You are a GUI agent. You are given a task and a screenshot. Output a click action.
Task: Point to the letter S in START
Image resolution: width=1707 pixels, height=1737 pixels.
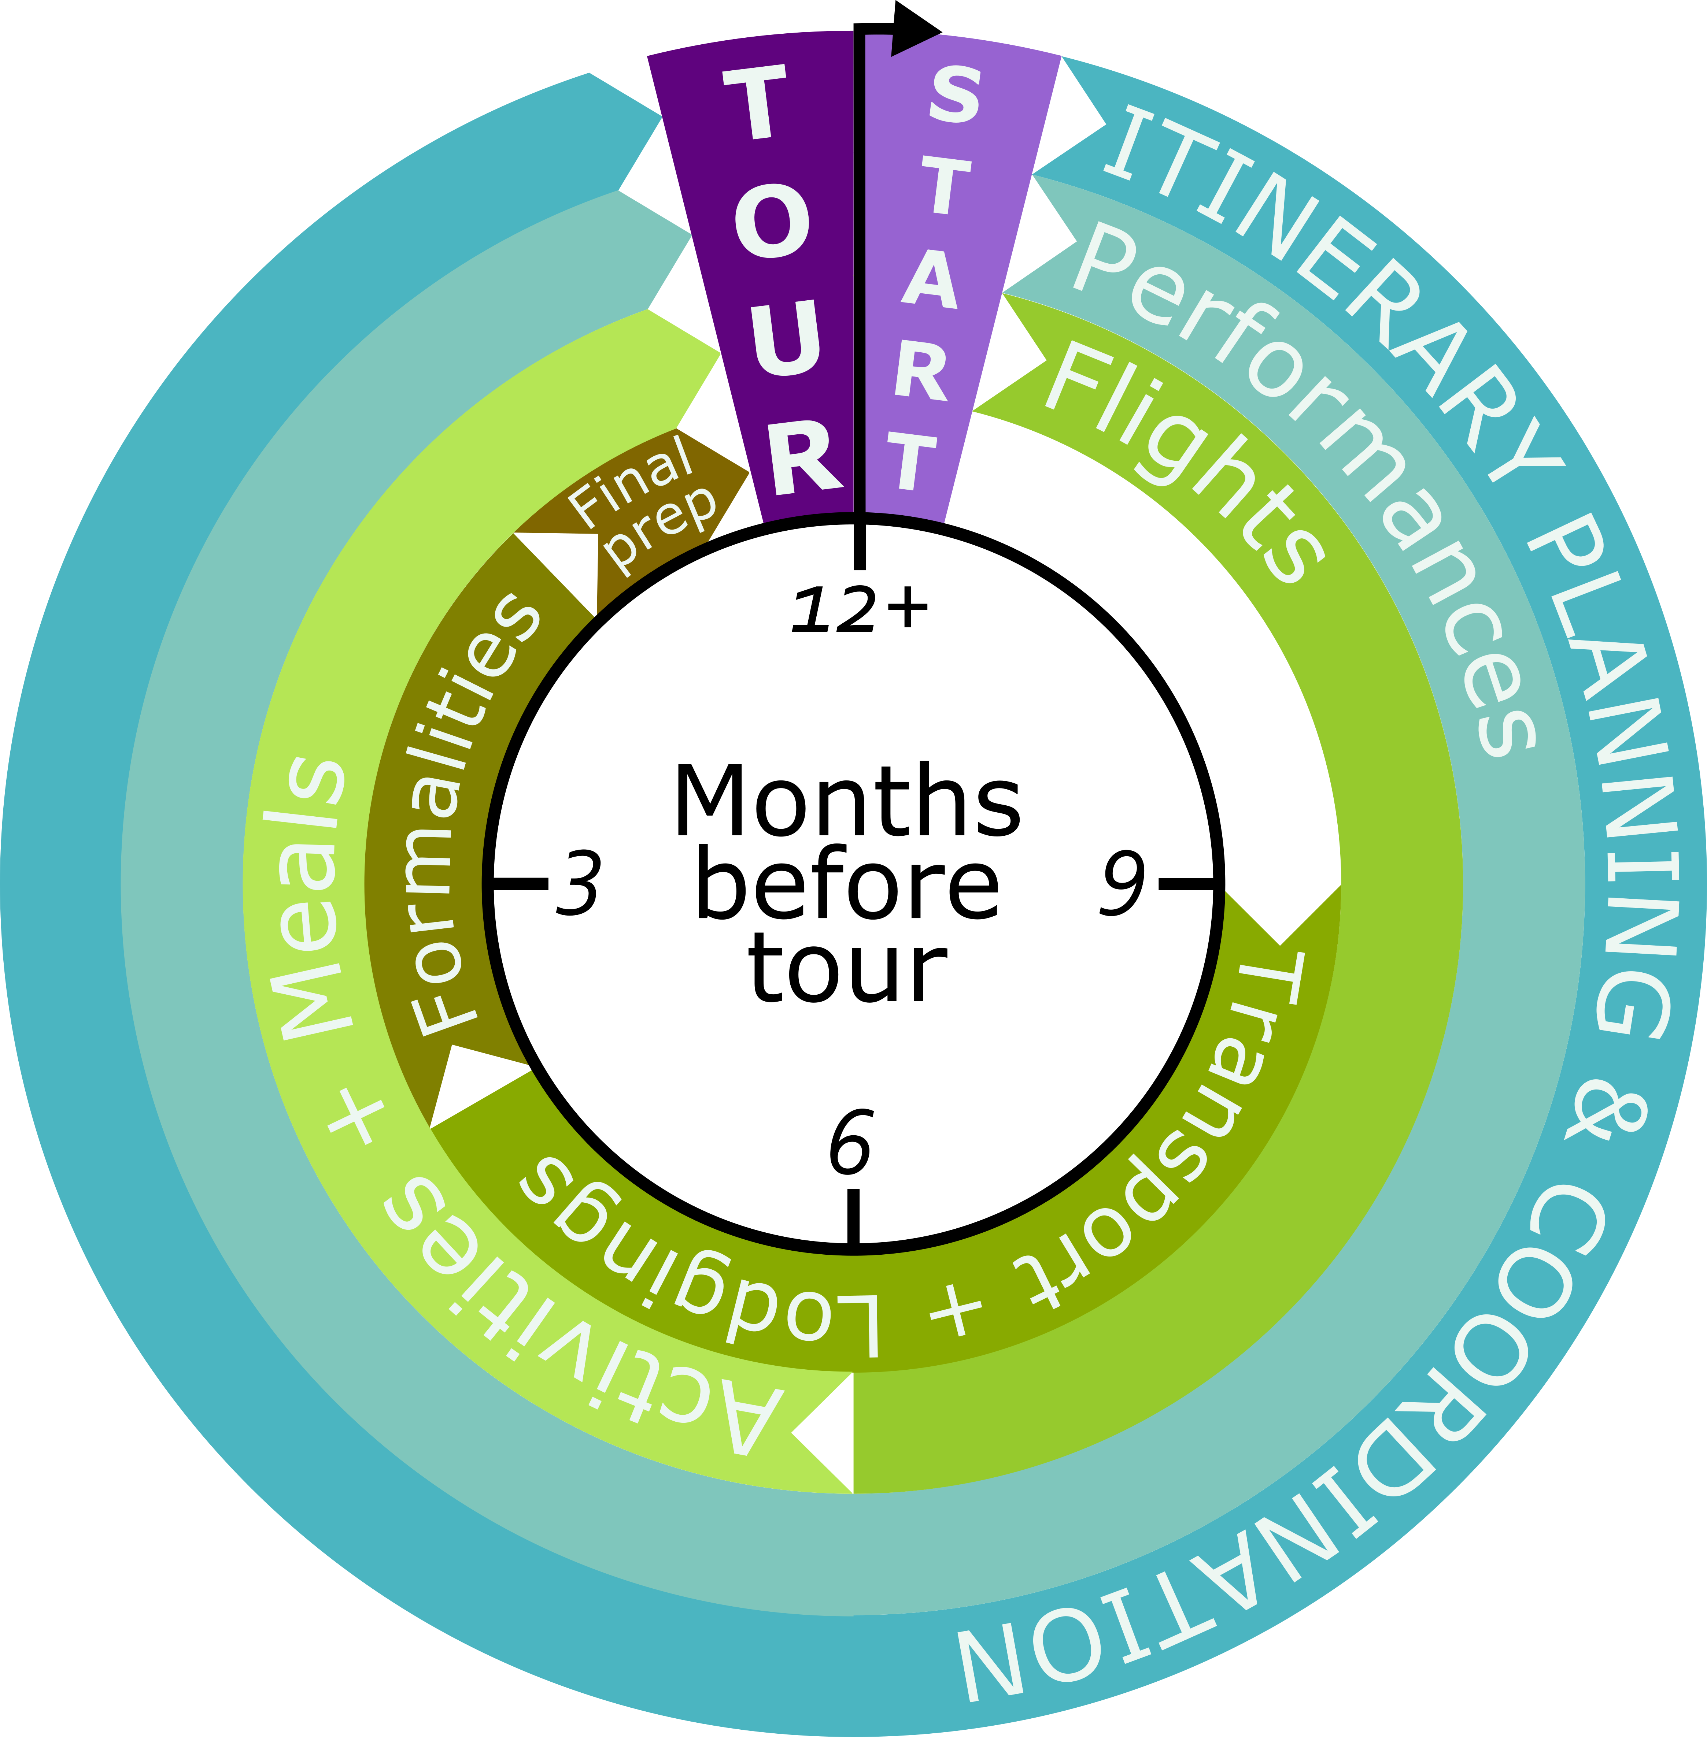(x=954, y=97)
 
